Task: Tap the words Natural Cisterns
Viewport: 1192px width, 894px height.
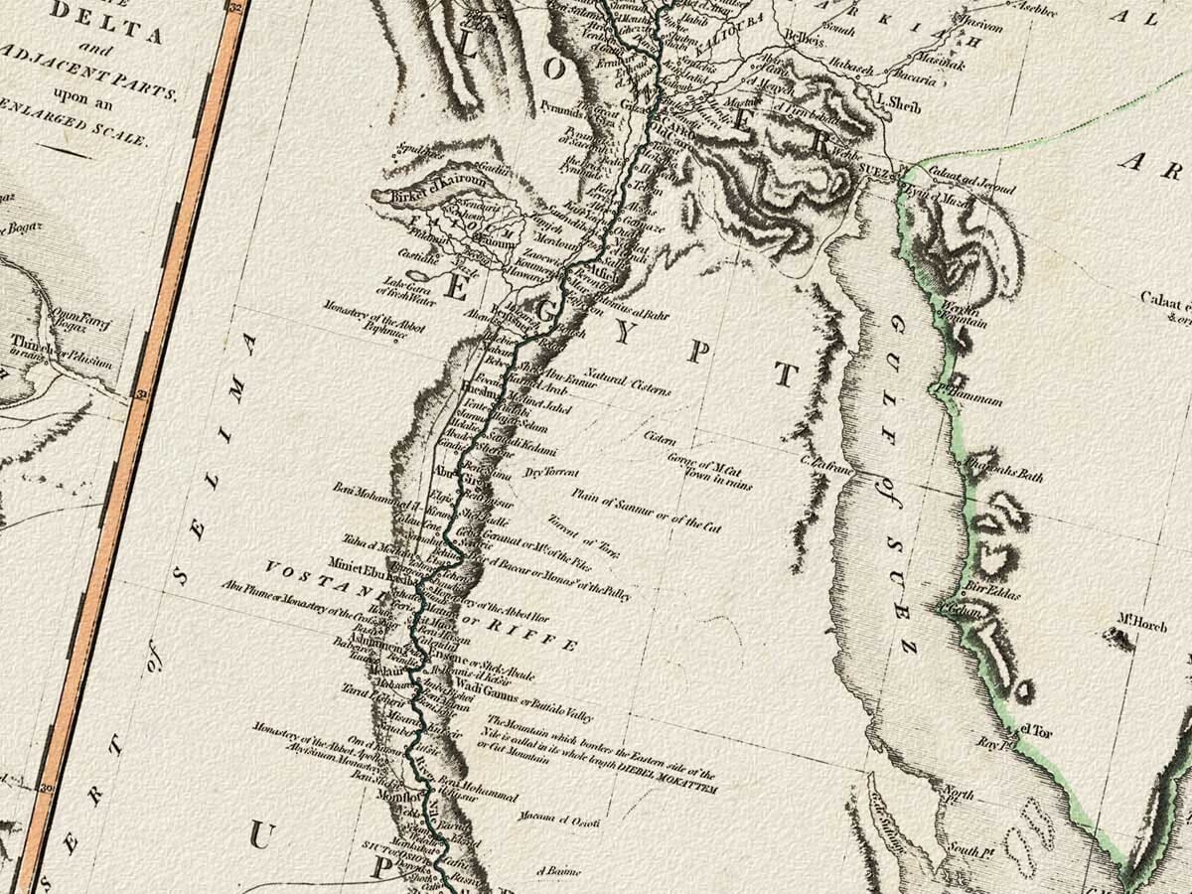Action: point(628,381)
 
